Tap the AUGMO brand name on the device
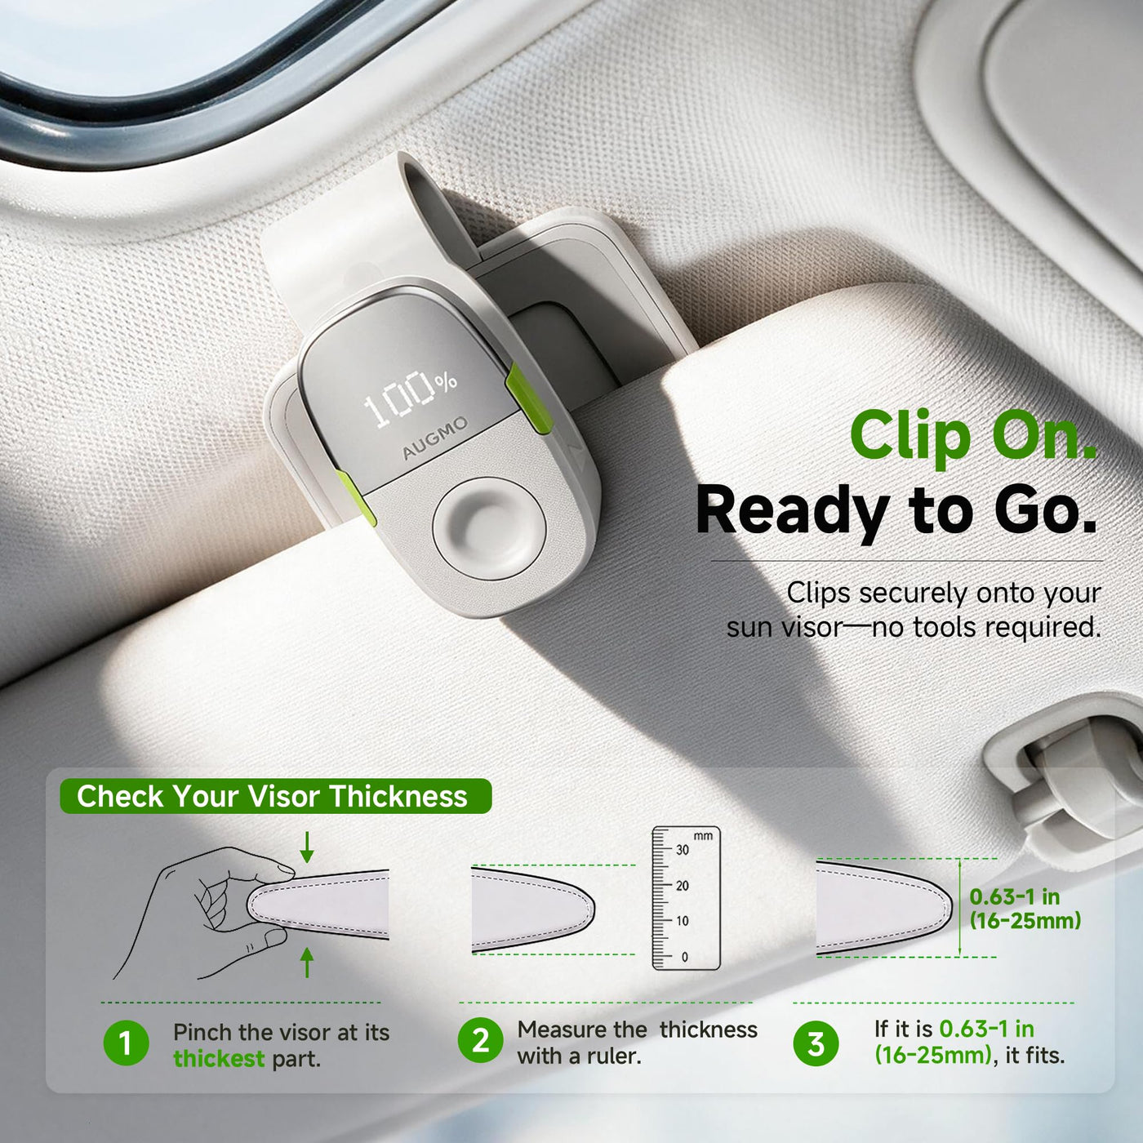[435, 438]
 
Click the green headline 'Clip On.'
[972, 438]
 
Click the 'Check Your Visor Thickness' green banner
[275, 795]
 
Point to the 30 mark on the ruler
[683, 850]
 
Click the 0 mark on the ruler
[684, 957]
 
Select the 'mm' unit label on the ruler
[703, 836]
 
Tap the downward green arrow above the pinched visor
[307, 847]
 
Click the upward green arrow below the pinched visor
[307, 962]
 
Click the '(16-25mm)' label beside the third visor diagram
[1025, 920]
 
